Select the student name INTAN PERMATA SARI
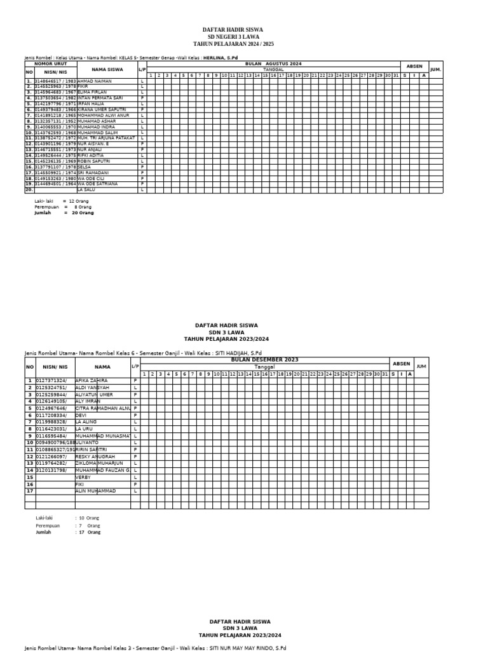[x=100, y=98]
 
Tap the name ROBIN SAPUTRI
[x=93, y=161]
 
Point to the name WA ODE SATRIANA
[x=98, y=184]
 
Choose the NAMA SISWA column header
[x=107, y=69]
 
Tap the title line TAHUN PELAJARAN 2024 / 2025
[x=233, y=44]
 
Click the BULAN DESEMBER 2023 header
[x=265, y=360]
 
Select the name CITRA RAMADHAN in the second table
[x=102, y=408]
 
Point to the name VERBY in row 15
[x=83, y=477]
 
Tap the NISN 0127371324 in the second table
[x=51, y=380]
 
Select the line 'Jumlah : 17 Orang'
[x=68, y=532]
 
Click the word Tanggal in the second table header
[x=265, y=367]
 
